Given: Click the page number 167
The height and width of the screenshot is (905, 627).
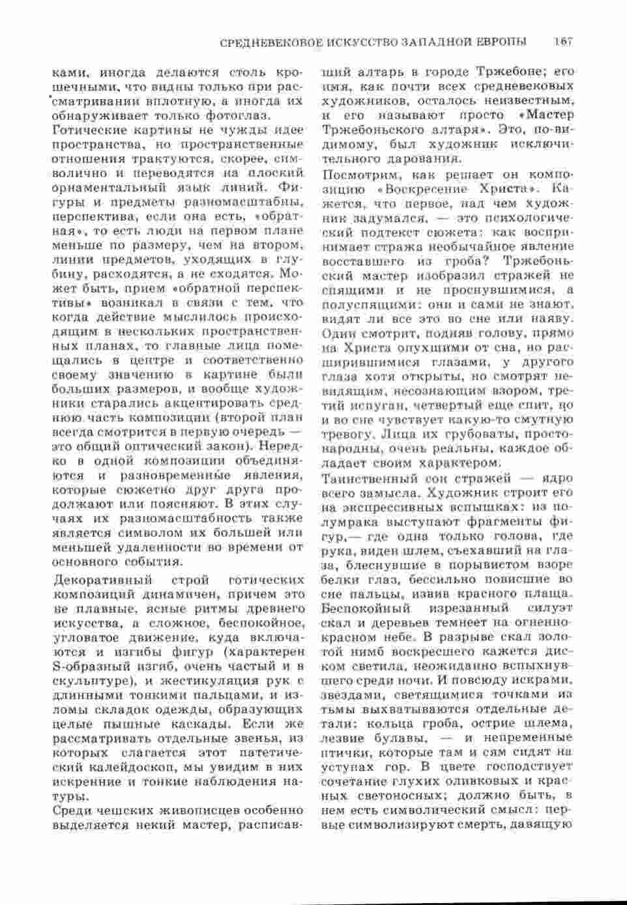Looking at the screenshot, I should tap(561, 42).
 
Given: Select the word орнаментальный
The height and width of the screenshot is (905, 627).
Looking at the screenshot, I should tap(95, 188).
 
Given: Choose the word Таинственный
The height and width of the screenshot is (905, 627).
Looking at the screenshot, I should tap(370, 479).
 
